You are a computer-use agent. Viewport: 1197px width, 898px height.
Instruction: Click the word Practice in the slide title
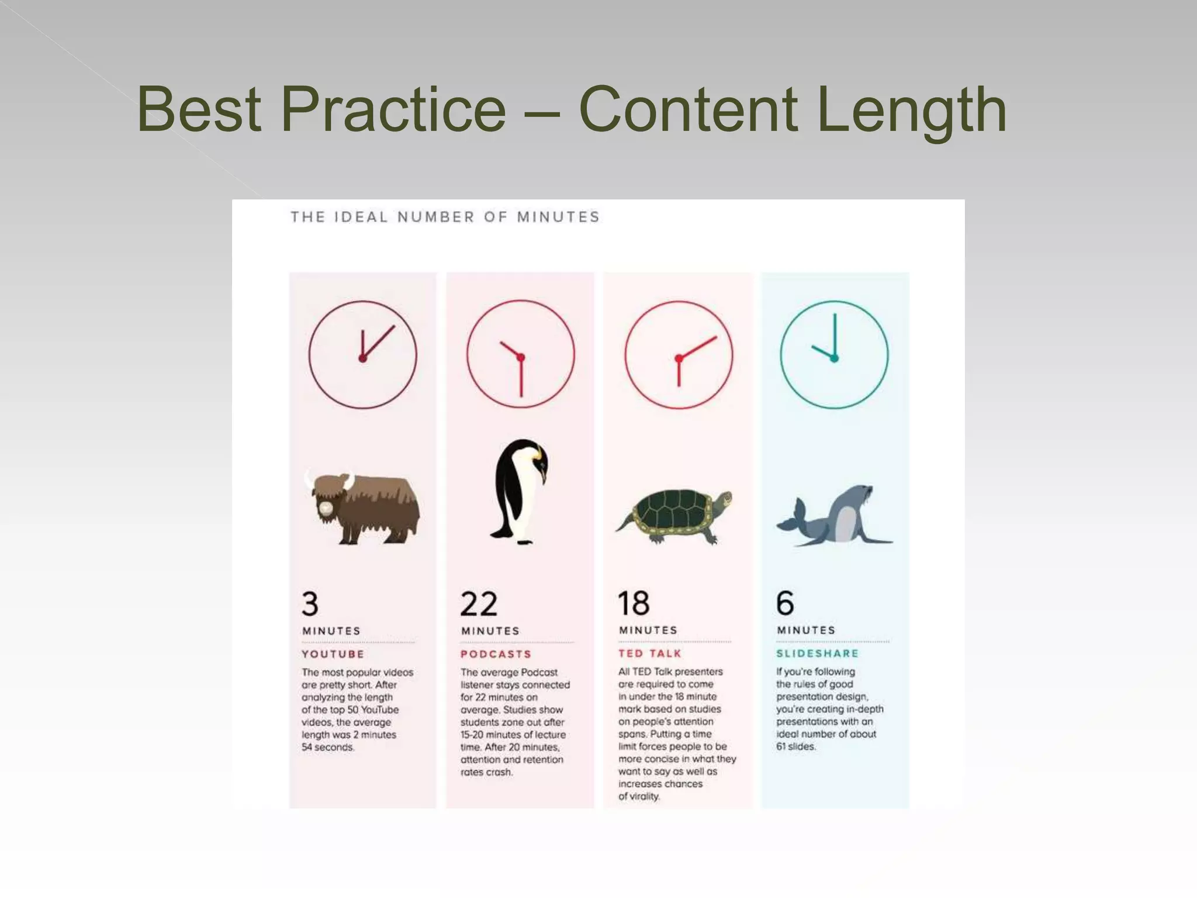click(x=393, y=109)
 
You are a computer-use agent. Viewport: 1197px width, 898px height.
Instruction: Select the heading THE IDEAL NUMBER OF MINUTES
click(x=445, y=217)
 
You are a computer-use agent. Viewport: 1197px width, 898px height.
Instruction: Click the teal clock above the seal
click(x=834, y=355)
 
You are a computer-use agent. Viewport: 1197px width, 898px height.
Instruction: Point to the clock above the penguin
click(x=521, y=354)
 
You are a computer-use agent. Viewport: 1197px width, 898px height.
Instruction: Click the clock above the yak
click(x=362, y=354)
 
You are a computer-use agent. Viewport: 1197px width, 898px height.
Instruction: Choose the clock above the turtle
click(x=679, y=354)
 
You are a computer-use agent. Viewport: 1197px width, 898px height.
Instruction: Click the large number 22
click(x=479, y=604)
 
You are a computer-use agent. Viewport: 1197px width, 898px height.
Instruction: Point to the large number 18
click(x=634, y=603)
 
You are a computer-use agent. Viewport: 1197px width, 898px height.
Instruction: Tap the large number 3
click(x=310, y=604)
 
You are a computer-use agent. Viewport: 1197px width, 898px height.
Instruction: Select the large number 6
click(x=785, y=603)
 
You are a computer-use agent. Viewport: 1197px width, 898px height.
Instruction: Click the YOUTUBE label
click(x=333, y=654)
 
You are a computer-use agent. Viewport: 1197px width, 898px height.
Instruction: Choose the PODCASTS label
click(x=496, y=654)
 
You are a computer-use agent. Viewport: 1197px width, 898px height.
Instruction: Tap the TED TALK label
click(x=650, y=654)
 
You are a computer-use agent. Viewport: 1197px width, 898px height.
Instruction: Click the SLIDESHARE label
click(x=817, y=654)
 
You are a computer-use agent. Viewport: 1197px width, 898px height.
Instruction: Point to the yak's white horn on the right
click(x=349, y=481)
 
